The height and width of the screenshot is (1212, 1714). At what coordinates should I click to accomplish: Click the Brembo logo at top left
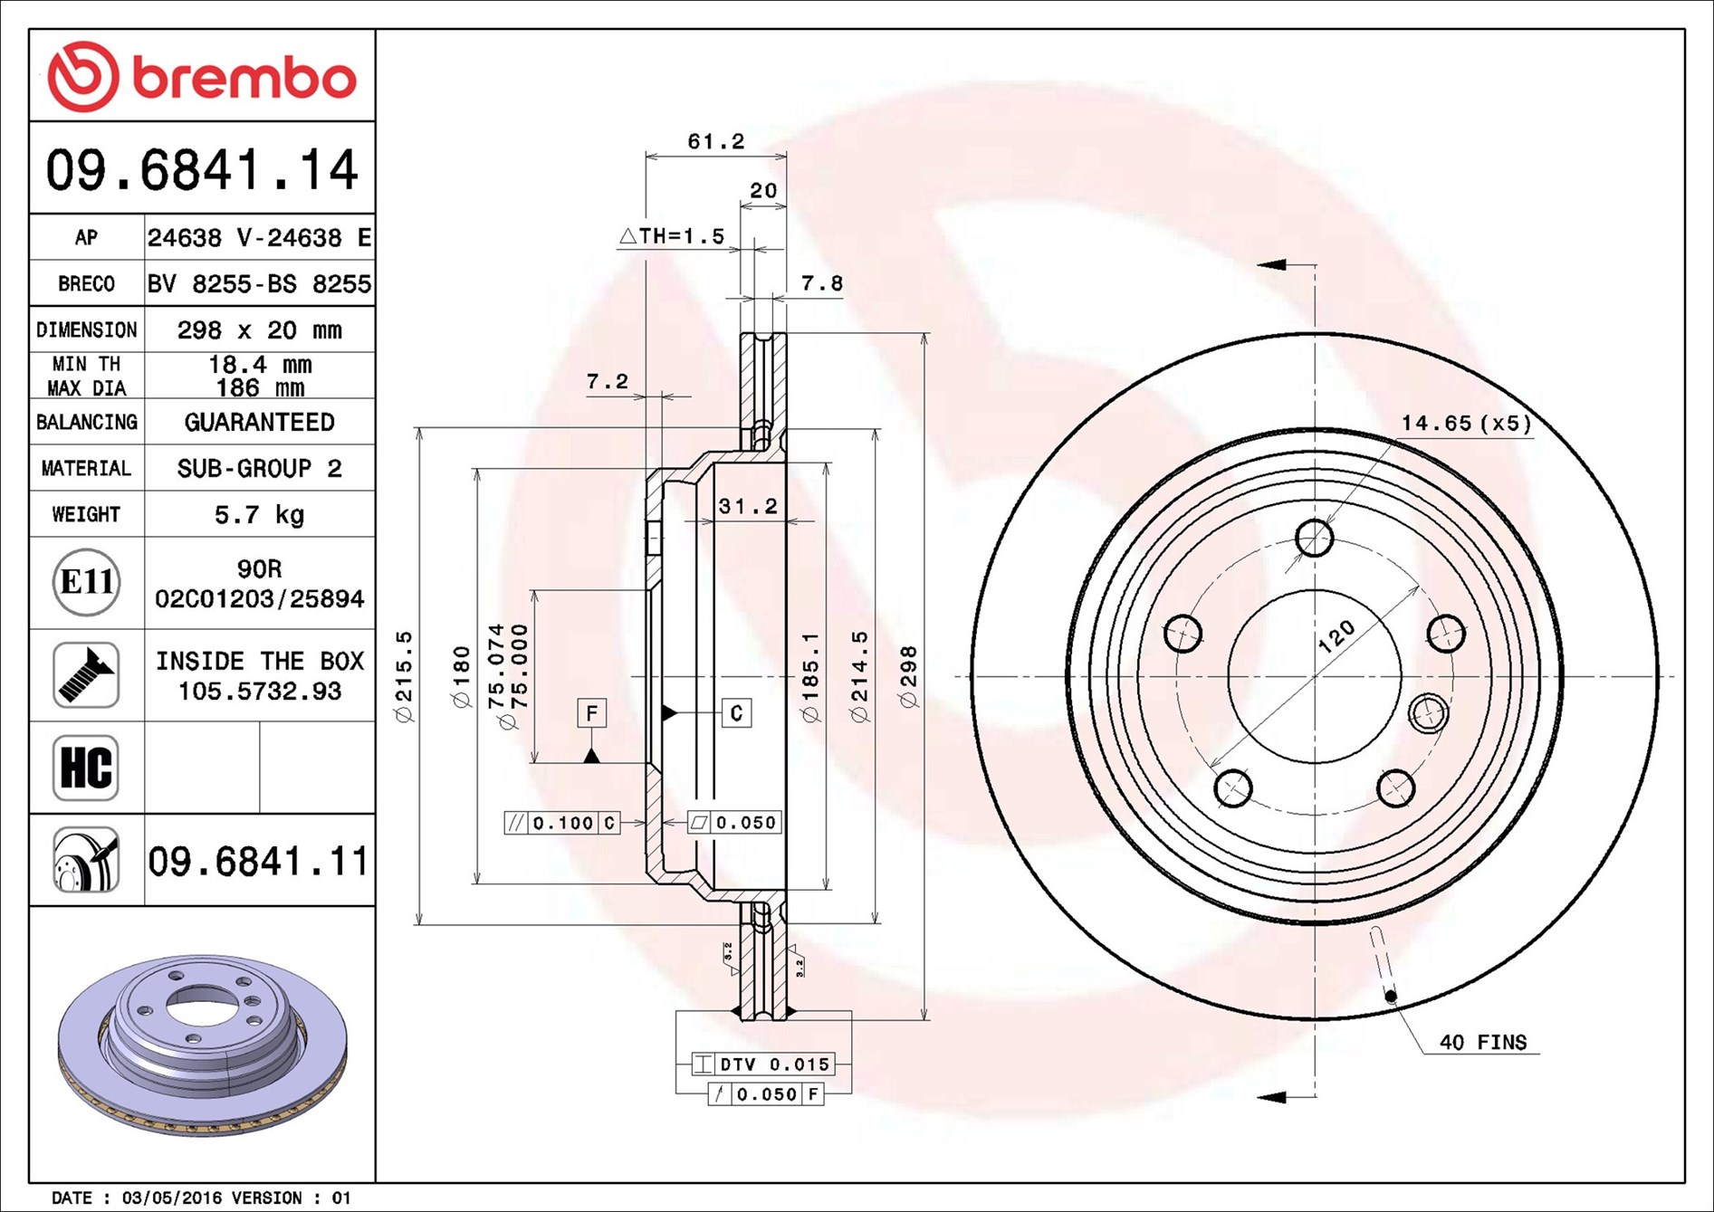[x=202, y=76]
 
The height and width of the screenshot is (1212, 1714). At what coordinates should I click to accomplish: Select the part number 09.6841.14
[x=202, y=169]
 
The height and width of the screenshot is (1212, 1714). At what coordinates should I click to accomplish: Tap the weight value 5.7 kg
[x=259, y=514]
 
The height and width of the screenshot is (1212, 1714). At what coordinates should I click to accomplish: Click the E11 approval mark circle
[x=86, y=582]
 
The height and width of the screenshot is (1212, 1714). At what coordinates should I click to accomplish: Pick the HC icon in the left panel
[x=86, y=768]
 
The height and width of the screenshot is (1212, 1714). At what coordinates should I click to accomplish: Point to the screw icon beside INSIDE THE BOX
[x=86, y=675]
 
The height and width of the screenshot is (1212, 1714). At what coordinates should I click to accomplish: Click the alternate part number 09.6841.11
[x=258, y=861]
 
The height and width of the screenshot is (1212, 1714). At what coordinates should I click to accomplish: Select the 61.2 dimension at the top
[x=715, y=141]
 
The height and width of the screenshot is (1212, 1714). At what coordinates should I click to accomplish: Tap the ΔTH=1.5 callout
[x=672, y=236]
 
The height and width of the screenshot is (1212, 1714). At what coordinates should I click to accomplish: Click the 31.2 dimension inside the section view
[x=748, y=506]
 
